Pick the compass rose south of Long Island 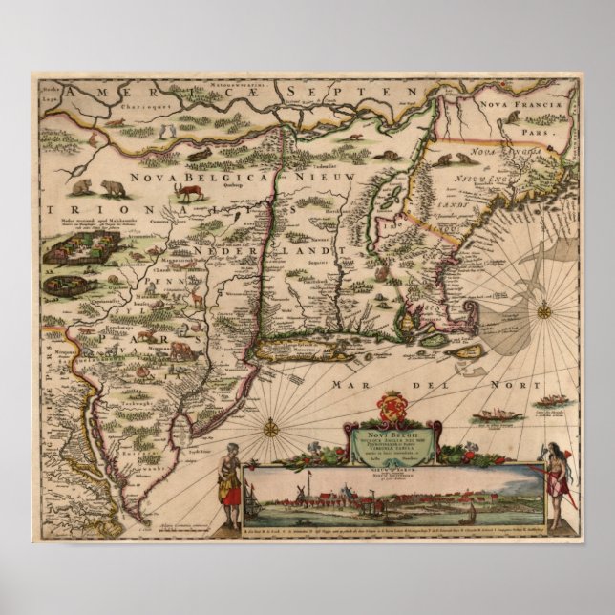point(270,427)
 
